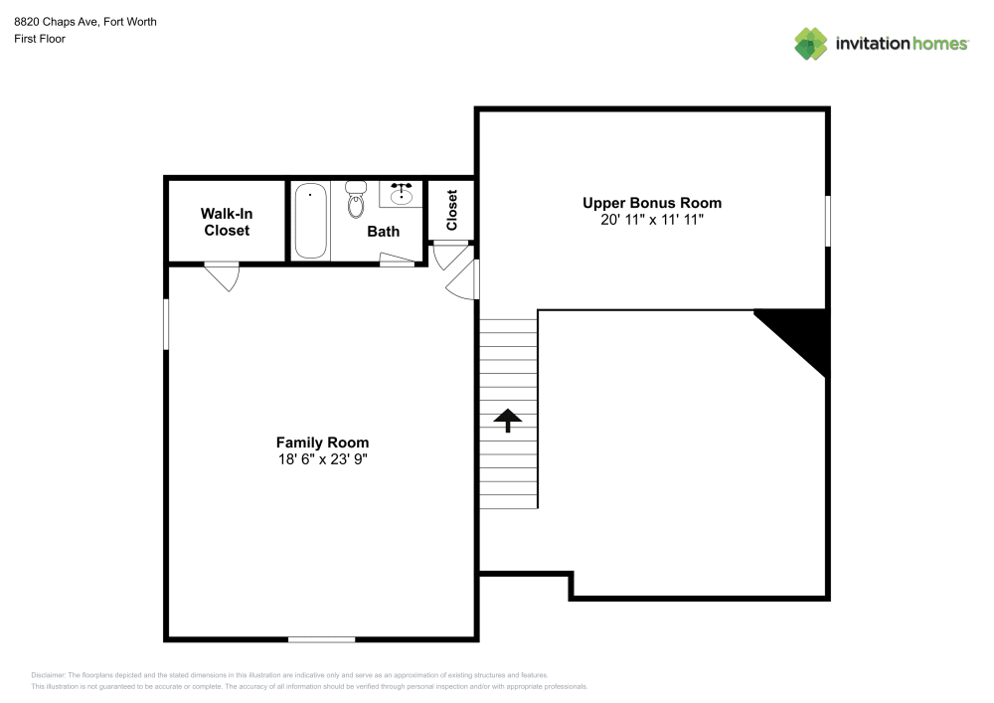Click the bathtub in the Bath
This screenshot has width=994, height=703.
tap(310, 220)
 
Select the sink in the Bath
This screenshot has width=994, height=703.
tap(402, 194)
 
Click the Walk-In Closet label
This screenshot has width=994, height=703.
tap(227, 222)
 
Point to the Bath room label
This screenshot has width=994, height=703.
tap(383, 232)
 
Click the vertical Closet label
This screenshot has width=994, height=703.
tap(452, 210)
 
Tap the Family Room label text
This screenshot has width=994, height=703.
tap(322, 442)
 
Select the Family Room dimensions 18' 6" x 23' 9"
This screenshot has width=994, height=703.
tap(322, 459)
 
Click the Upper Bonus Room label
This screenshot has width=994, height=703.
tap(651, 203)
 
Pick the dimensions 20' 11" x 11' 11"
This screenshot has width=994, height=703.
tap(651, 220)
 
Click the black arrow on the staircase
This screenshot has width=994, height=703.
tap(508, 420)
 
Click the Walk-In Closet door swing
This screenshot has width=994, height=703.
tap(224, 275)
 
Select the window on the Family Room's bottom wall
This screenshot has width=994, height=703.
tap(321, 638)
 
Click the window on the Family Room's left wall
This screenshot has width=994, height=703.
tap(166, 324)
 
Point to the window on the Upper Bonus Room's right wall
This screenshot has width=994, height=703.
tap(827, 219)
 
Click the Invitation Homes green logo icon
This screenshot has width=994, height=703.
tap(810, 43)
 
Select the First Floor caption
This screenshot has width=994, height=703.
tap(40, 39)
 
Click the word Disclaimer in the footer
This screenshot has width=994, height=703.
tap(48, 674)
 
